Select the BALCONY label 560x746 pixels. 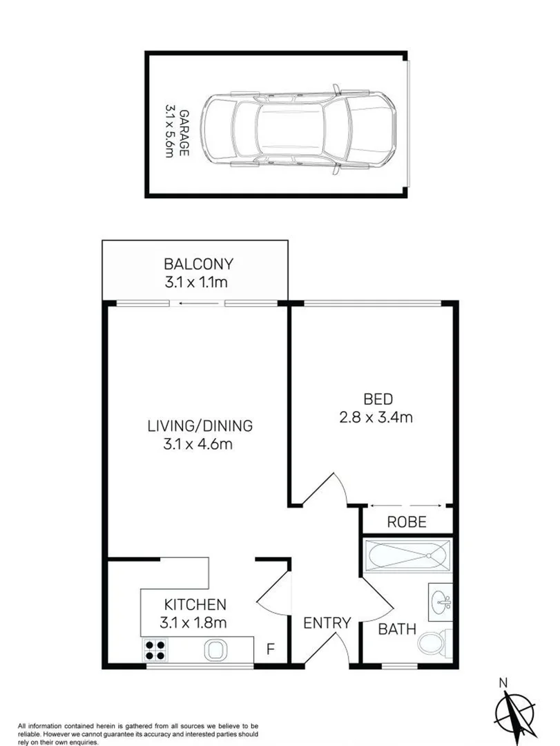tap(198, 263)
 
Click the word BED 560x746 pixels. tap(378, 399)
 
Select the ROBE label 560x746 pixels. tap(406, 522)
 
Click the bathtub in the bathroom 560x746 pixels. tap(407, 556)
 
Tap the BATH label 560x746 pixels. tap(397, 629)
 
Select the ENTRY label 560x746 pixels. tap(328, 622)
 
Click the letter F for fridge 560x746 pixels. tap(271, 649)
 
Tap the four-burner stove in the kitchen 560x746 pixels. tap(155, 650)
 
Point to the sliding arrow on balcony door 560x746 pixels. tap(198, 303)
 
